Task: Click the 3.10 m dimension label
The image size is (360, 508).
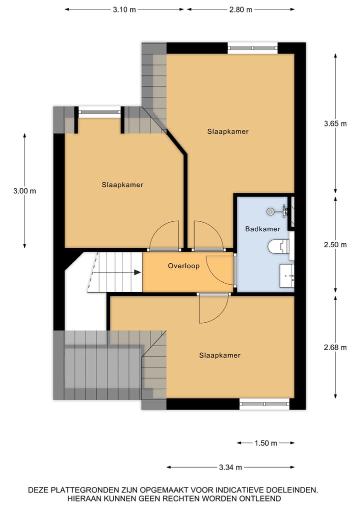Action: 124,9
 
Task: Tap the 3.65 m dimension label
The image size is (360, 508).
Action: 335,124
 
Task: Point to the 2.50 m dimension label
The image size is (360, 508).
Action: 335,245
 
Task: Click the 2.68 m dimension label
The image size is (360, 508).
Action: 335,348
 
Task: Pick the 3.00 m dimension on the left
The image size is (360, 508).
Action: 24,191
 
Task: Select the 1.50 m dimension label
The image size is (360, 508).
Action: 265,443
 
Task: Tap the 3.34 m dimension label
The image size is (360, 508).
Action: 230,468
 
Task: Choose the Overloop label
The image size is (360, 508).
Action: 183,266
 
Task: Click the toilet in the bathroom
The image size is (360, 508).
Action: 278,246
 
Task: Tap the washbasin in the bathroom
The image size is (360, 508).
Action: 286,275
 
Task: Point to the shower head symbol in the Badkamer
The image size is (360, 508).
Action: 271,212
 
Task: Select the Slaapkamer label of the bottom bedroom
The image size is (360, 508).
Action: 219,356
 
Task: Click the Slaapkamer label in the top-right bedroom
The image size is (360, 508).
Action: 228,131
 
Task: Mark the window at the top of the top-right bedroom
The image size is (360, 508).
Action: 252,48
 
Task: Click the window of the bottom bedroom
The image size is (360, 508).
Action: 264,404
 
